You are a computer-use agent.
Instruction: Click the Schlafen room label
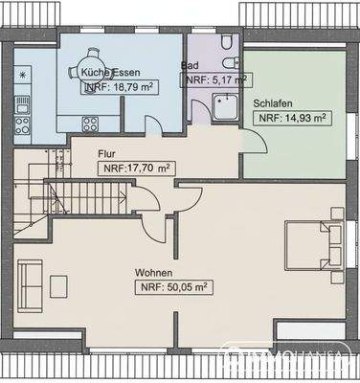[x=273, y=102]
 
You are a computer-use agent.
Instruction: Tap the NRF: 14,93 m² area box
[x=290, y=118]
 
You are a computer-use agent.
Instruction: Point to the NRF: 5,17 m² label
[x=216, y=80]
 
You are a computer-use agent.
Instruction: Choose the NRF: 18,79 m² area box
[x=120, y=86]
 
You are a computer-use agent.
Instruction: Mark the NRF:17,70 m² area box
[x=137, y=168]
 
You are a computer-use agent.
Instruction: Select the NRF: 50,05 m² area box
[x=174, y=286]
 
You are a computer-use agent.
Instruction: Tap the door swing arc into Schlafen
[x=254, y=140]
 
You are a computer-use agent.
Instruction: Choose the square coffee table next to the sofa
[x=59, y=285]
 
